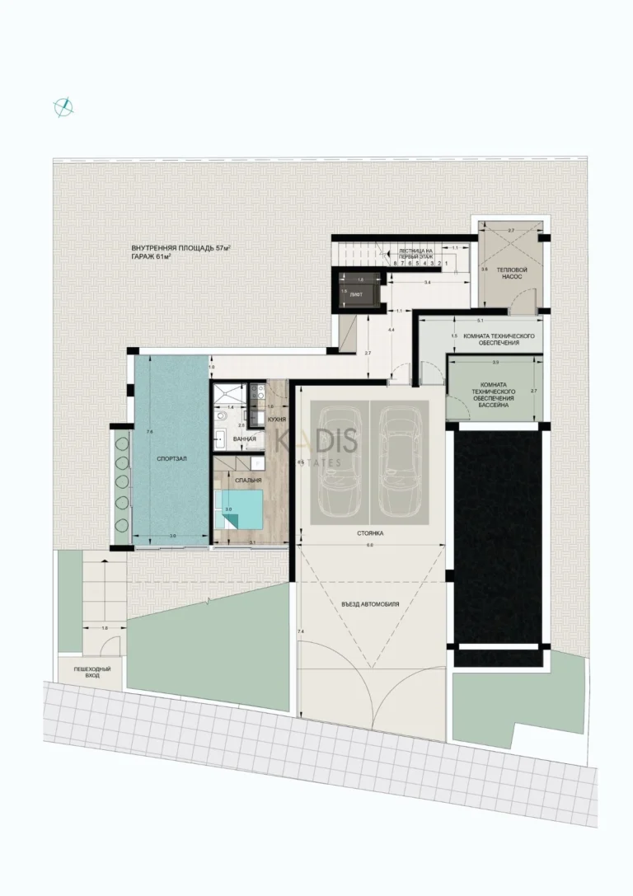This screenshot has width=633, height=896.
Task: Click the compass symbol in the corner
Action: (64, 106)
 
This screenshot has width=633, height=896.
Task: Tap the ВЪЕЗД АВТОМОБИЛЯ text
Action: (370, 603)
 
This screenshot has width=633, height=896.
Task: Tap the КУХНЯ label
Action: (277, 420)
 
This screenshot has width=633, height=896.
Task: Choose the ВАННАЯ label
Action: (245, 439)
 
